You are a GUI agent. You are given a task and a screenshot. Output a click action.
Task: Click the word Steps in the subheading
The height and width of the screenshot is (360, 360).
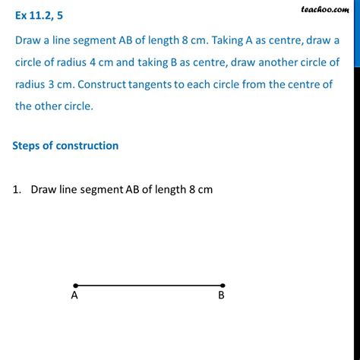tap(30, 145)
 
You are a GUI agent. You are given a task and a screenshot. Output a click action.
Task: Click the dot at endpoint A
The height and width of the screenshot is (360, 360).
tap(75, 286)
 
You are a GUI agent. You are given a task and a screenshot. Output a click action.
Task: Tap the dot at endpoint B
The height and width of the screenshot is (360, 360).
tap(222, 286)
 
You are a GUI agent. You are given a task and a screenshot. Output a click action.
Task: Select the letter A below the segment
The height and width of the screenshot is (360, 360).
tap(75, 297)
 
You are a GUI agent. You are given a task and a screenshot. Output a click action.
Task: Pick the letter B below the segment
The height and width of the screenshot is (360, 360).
tap(221, 297)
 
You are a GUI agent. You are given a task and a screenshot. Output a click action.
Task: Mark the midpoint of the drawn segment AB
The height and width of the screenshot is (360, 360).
tap(149, 286)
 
